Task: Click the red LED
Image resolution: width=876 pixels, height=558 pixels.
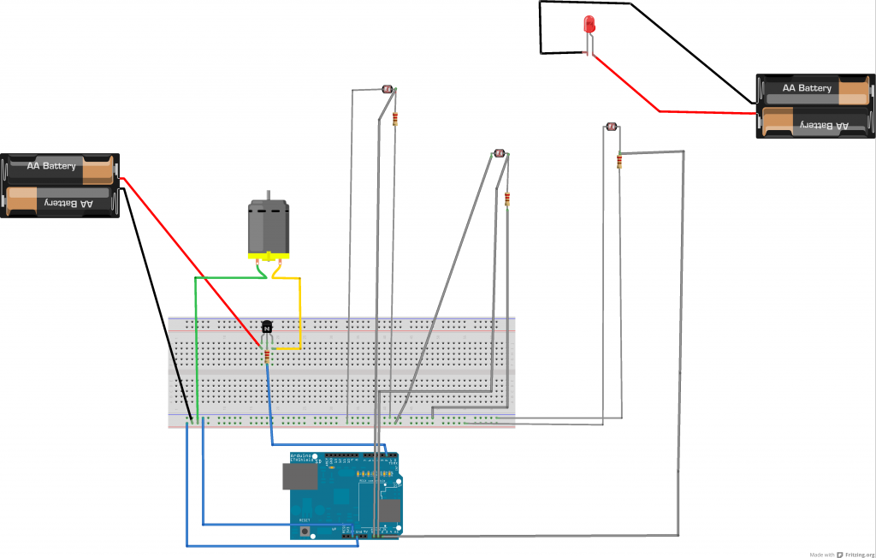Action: point(589,24)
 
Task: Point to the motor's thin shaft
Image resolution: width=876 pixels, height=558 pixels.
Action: point(269,195)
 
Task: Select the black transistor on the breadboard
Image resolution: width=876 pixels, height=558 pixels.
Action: point(267,327)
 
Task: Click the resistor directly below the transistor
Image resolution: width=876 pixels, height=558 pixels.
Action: point(267,355)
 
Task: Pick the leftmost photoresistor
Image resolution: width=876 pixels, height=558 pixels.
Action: point(386,89)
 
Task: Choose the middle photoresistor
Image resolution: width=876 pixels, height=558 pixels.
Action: point(498,154)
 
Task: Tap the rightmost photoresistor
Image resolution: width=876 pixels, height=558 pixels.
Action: point(611,128)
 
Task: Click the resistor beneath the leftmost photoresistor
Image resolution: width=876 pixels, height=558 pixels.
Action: point(395,118)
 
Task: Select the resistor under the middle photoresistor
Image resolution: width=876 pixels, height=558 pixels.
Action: point(507,199)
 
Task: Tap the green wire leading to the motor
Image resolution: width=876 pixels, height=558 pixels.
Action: point(198,342)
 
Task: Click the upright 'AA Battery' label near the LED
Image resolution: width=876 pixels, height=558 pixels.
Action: point(806,88)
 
